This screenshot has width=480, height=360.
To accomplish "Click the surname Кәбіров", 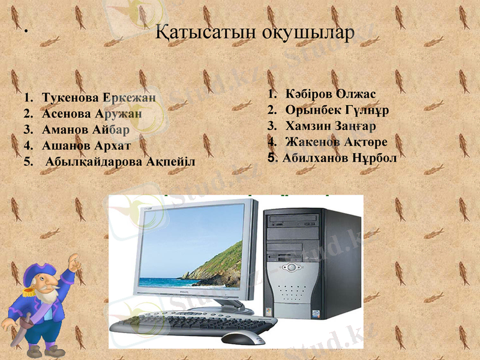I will [308, 95].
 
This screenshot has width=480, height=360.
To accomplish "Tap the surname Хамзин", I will [305, 127].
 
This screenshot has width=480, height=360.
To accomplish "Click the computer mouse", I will [242, 337].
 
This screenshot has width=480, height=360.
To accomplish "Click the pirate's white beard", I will [48, 300].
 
